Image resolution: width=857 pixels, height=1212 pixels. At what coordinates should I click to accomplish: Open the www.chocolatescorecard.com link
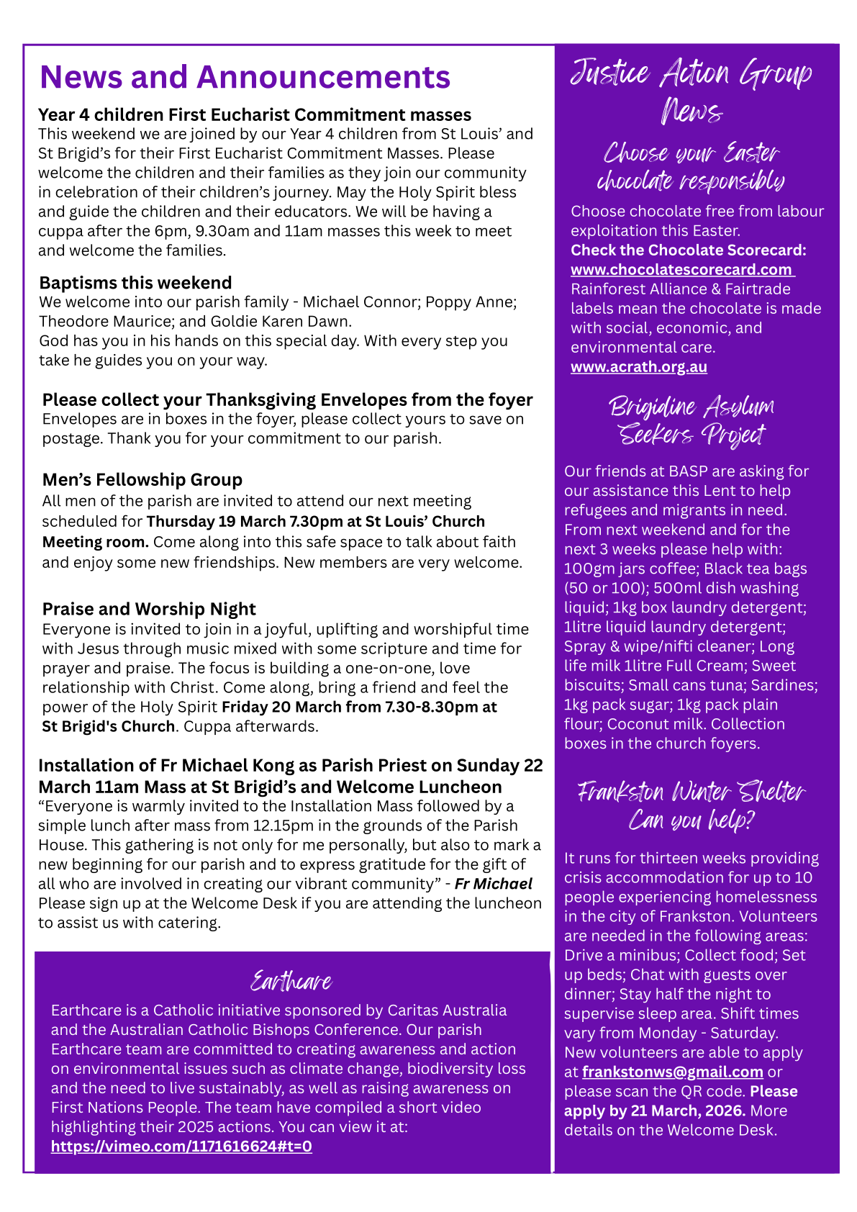pyautogui.click(x=681, y=270)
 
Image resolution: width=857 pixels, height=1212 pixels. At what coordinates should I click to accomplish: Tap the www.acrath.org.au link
pyautogui.click(x=638, y=367)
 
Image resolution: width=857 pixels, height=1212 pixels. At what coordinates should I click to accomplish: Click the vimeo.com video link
pyautogui.click(x=181, y=1147)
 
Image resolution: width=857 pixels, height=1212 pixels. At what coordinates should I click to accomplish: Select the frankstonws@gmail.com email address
pyautogui.click(x=672, y=1072)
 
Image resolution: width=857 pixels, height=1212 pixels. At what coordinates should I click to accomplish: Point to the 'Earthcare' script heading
pyautogui.click(x=291, y=982)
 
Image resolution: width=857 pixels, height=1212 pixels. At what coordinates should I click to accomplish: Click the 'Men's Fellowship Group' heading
pyautogui.click(x=142, y=480)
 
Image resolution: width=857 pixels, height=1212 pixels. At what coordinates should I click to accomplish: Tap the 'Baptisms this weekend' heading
pyautogui.click(x=135, y=283)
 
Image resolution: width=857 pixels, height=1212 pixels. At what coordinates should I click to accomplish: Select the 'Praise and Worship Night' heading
pyautogui.click(x=149, y=610)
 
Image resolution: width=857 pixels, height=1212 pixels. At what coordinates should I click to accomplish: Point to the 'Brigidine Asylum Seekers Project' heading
pyautogui.click(x=692, y=420)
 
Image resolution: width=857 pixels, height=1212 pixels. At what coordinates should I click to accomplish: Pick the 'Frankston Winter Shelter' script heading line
pyautogui.click(x=692, y=792)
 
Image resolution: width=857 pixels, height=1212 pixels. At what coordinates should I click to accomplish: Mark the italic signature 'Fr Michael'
pyautogui.click(x=494, y=884)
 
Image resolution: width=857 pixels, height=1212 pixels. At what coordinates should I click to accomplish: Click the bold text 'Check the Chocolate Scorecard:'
pyautogui.click(x=688, y=250)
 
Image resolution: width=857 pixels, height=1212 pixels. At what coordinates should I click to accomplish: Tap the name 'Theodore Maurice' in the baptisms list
pyautogui.click(x=96, y=322)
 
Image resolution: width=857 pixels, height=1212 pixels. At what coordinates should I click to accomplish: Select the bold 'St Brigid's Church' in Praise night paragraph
pyautogui.click(x=108, y=727)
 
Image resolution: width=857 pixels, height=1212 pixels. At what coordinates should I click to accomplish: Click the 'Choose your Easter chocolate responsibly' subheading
pyautogui.click(x=692, y=167)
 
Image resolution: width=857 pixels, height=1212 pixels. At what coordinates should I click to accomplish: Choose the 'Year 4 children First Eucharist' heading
pyautogui.click(x=255, y=115)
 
